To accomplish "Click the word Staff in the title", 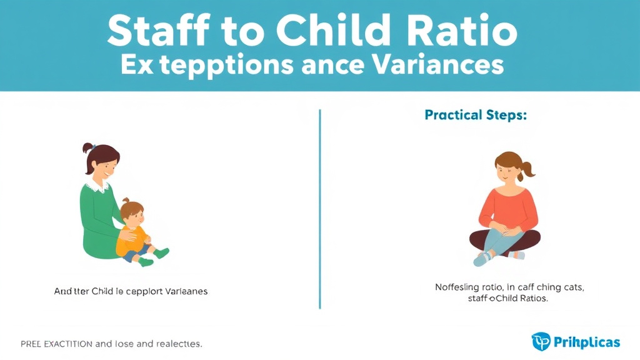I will click(x=149, y=29).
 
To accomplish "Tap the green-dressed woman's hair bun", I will click(x=88, y=149).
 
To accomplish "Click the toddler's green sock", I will click(x=161, y=253).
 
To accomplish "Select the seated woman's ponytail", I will click(x=528, y=168).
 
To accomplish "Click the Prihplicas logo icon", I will click(x=541, y=342).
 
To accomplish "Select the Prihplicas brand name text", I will click(x=586, y=342).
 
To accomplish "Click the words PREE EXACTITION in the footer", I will click(x=57, y=344).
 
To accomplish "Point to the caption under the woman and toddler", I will click(x=131, y=291).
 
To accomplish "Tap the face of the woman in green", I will click(x=106, y=166).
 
